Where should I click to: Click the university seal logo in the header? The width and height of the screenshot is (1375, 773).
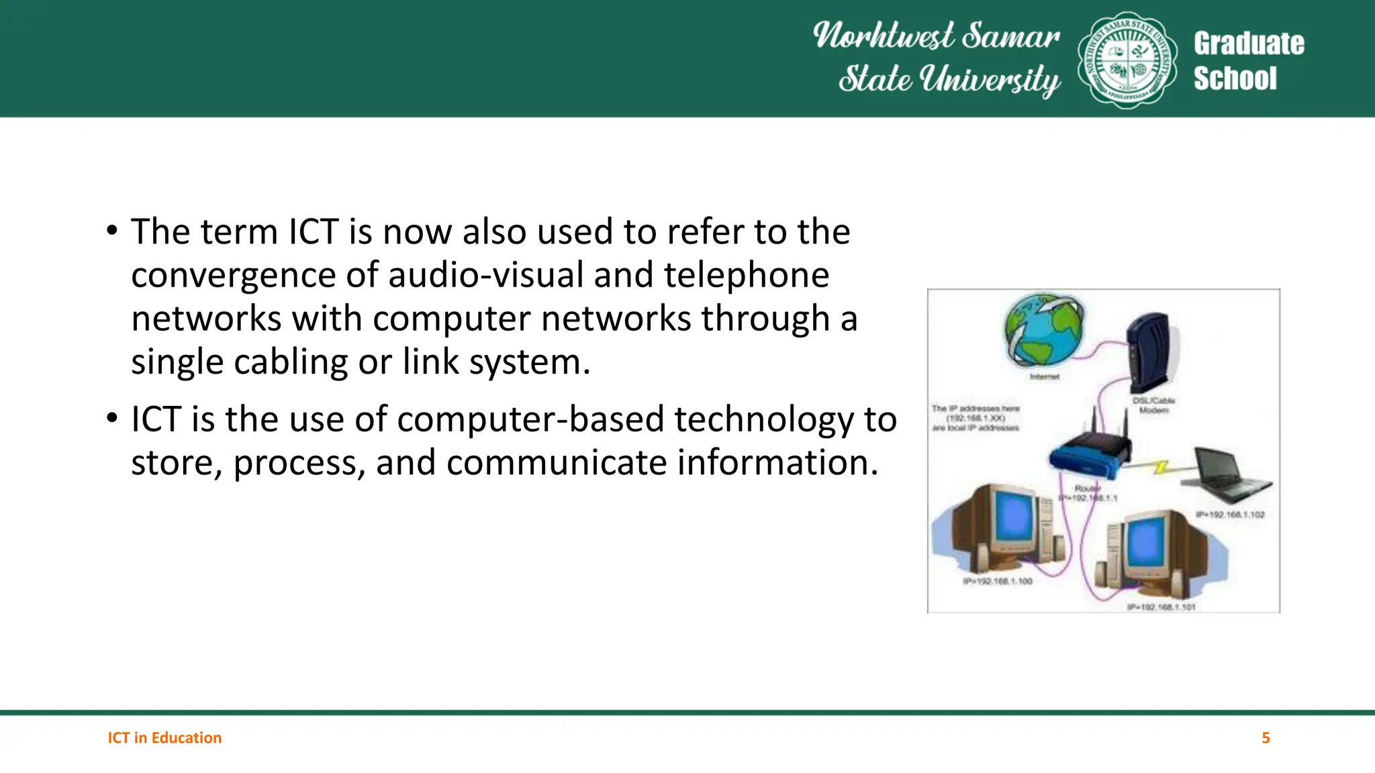click(x=1127, y=60)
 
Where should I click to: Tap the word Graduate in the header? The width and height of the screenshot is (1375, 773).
click(x=1248, y=44)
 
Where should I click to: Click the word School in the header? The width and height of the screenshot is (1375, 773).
click(x=1235, y=79)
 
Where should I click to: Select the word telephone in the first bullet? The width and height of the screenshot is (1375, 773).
click(x=746, y=276)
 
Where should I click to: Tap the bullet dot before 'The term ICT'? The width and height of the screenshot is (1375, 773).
click(x=112, y=231)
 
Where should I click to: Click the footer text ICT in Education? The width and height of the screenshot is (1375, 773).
click(x=164, y=738)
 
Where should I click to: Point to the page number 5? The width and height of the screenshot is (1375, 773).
click(x=1266, y=738)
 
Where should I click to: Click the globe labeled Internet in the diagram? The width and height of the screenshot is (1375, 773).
click(x=1043, y=330)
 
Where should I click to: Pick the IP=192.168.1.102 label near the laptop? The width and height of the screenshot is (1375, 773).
click(x=1230, y=515)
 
